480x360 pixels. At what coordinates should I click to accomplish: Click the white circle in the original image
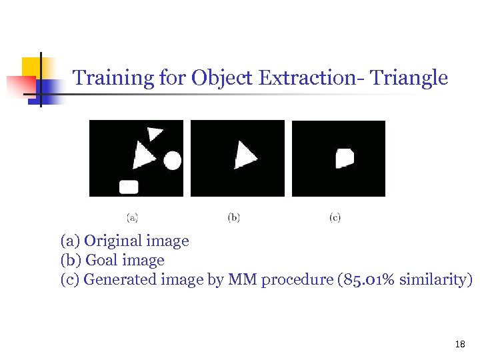tap(173, 160)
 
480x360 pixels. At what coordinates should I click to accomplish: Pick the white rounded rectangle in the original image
tap(129, 187)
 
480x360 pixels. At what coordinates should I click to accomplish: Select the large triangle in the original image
tap(143, 156)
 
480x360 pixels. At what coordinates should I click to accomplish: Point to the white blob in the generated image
tap(344, 158)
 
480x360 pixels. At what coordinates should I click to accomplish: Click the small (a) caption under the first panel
tap(133, 217)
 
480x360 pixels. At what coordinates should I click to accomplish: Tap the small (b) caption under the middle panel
tap(234, 217)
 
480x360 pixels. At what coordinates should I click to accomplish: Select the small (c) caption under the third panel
tap(335, 217)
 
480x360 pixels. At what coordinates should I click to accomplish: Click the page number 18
tap(459, 344)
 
